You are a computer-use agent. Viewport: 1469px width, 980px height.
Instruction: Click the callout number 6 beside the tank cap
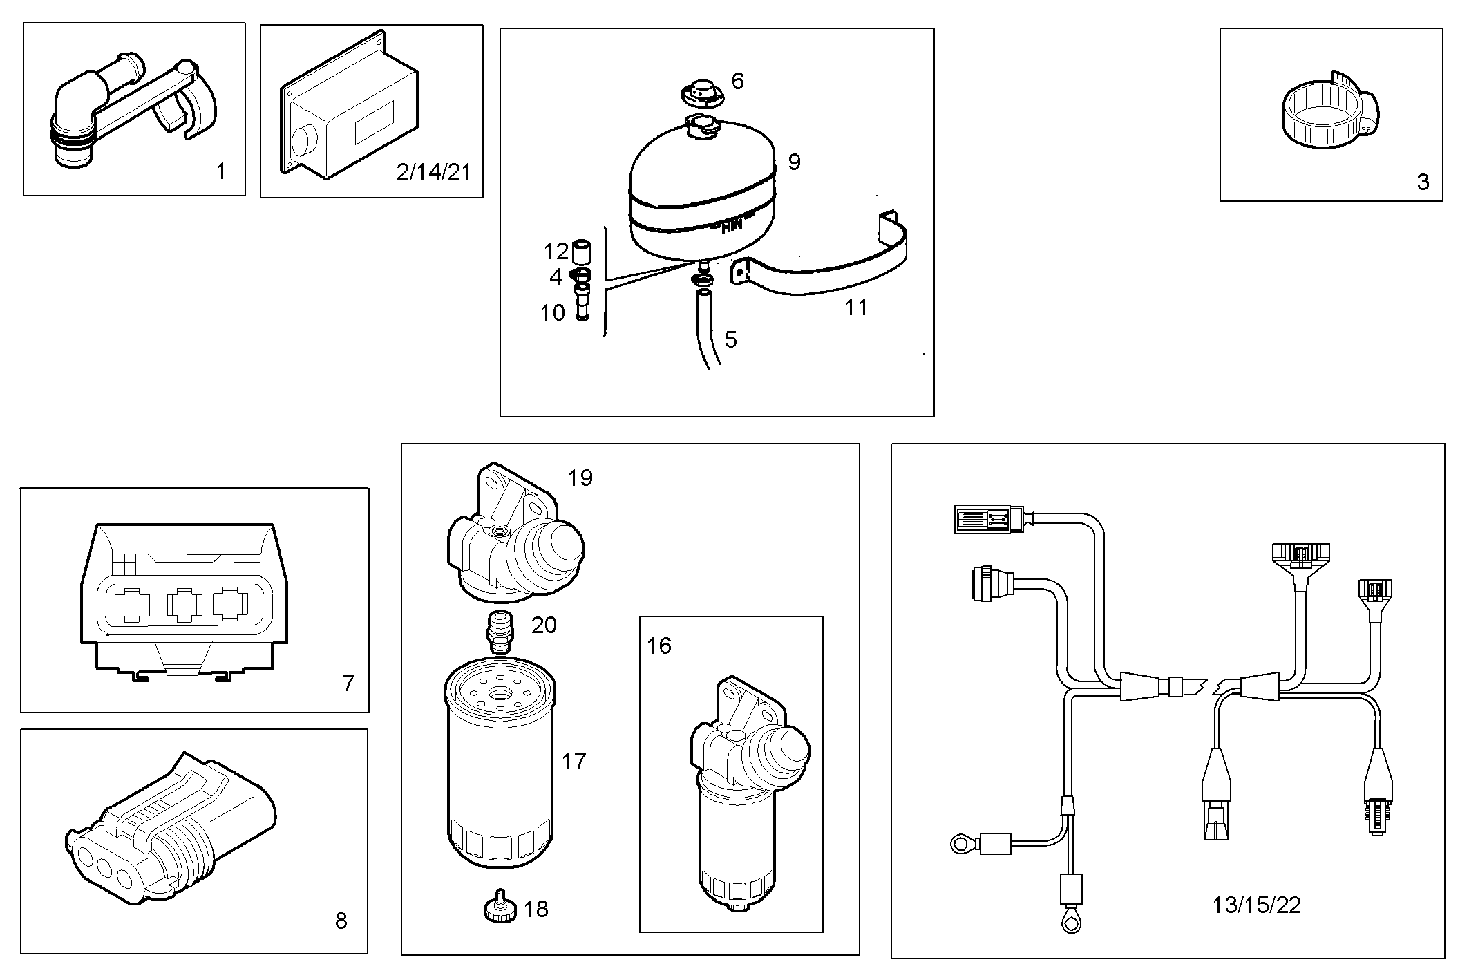(737, 82)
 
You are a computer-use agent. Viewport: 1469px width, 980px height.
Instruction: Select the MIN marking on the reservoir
(731, 225)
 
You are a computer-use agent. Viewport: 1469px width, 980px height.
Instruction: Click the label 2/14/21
(433, 171)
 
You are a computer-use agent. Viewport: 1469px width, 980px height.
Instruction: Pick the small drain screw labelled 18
(499, 907)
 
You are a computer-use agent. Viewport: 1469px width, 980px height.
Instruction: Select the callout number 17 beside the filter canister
(574, 761)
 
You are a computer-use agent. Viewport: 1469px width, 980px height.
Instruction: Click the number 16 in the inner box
(658, 646)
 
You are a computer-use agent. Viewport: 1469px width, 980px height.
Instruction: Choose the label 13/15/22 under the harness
(1256, 905)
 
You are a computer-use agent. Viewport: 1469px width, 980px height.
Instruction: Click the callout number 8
(341, 921)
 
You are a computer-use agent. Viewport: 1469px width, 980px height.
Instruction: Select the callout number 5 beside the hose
(730, 339)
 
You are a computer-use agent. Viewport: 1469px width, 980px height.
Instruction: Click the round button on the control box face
(302, 141)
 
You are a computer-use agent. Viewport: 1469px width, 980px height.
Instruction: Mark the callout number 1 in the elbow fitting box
(221, 171)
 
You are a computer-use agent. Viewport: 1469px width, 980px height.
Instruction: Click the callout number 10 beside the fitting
(552, 313)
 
